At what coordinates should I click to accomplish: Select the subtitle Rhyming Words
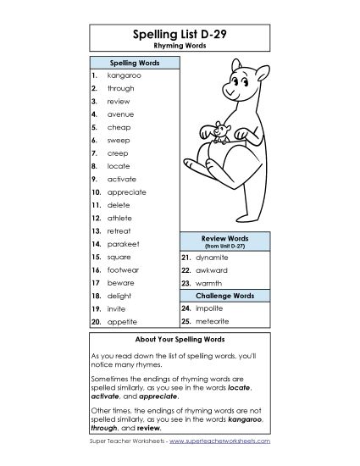180,47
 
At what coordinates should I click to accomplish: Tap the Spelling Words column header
131,64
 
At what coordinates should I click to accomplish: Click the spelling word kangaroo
124,75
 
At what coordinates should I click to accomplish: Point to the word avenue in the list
120,114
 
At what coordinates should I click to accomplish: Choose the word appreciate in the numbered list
127,191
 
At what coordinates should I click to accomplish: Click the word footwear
124,269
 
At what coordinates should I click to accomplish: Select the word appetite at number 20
122,322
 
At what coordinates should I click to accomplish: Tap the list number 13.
96,230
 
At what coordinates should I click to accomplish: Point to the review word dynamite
213,256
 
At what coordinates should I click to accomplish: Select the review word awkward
212,269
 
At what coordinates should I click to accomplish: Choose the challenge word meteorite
213,322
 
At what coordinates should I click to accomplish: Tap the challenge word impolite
210,309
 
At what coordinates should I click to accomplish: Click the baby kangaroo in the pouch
218,131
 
